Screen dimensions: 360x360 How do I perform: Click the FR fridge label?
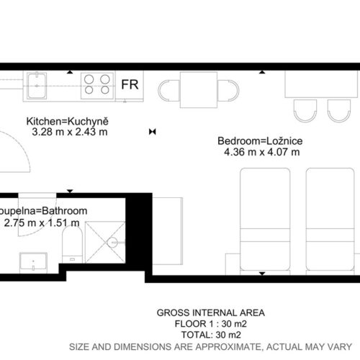(x=130, y=84)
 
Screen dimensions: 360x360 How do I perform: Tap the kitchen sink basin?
(x=37, y=86)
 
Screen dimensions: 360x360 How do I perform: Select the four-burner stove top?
(x=97, y=86)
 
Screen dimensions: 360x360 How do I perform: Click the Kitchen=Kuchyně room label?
(x=68, y=122)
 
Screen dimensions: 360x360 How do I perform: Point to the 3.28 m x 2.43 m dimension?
(x=70, y=132)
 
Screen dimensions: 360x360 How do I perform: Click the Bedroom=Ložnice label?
(x=260, y=141)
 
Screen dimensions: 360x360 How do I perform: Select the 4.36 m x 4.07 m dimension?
(x=262, y=152)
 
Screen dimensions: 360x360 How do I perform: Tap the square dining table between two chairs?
(x=199, y=89)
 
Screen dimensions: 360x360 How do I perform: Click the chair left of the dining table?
(x=169, y=91)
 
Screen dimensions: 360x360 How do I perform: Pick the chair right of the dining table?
(x=228, y=91)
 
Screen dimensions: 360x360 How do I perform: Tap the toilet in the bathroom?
(x=72, y=244)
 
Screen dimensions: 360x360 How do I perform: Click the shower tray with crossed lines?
(x=105, y=242)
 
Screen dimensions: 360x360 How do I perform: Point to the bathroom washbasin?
(x=33, y=263)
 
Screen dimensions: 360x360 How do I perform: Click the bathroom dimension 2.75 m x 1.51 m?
(x=42, y=223)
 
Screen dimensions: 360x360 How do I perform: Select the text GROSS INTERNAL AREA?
(x=211, y=312)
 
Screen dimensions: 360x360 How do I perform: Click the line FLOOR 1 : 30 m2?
(x=211, y=324)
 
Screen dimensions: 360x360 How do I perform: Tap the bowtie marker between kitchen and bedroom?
(x=153, y=132)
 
